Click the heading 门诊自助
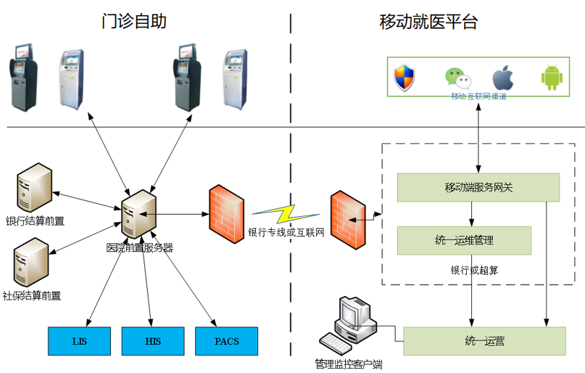tap(134, 21)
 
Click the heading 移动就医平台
tap(428, 21)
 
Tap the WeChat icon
tap(457, 78)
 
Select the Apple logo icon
tap(502, 78)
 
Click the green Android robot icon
tap(552, 78)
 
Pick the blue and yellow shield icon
tap(403, 78)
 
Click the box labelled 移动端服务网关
tap(478, 187)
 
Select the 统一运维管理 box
tap(464, 240)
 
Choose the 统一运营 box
tap(484, 341)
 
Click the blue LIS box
tap(79, 341)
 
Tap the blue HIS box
tap(152, 341)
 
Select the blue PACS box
tap(226, 341)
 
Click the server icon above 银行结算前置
tap(33, 187)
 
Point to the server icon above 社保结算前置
tap(31, 263)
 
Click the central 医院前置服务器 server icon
tap(136, 213)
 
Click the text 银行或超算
tap(474, 270)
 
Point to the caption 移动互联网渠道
tap(478, 96)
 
